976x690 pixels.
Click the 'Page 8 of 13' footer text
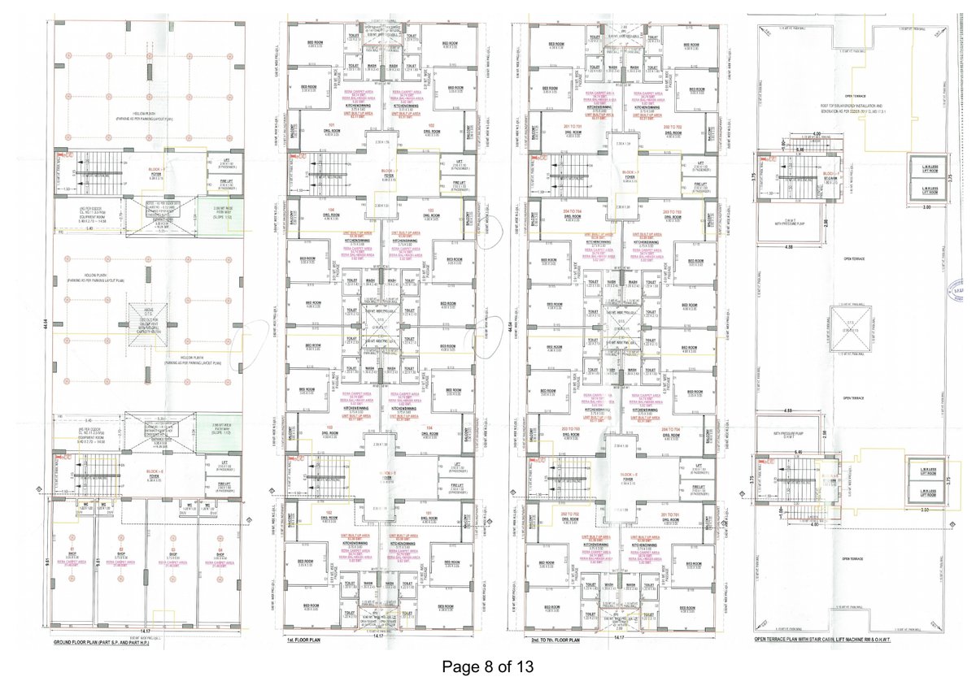pos(488,667)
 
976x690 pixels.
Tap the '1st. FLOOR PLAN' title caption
pos(300,642)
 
